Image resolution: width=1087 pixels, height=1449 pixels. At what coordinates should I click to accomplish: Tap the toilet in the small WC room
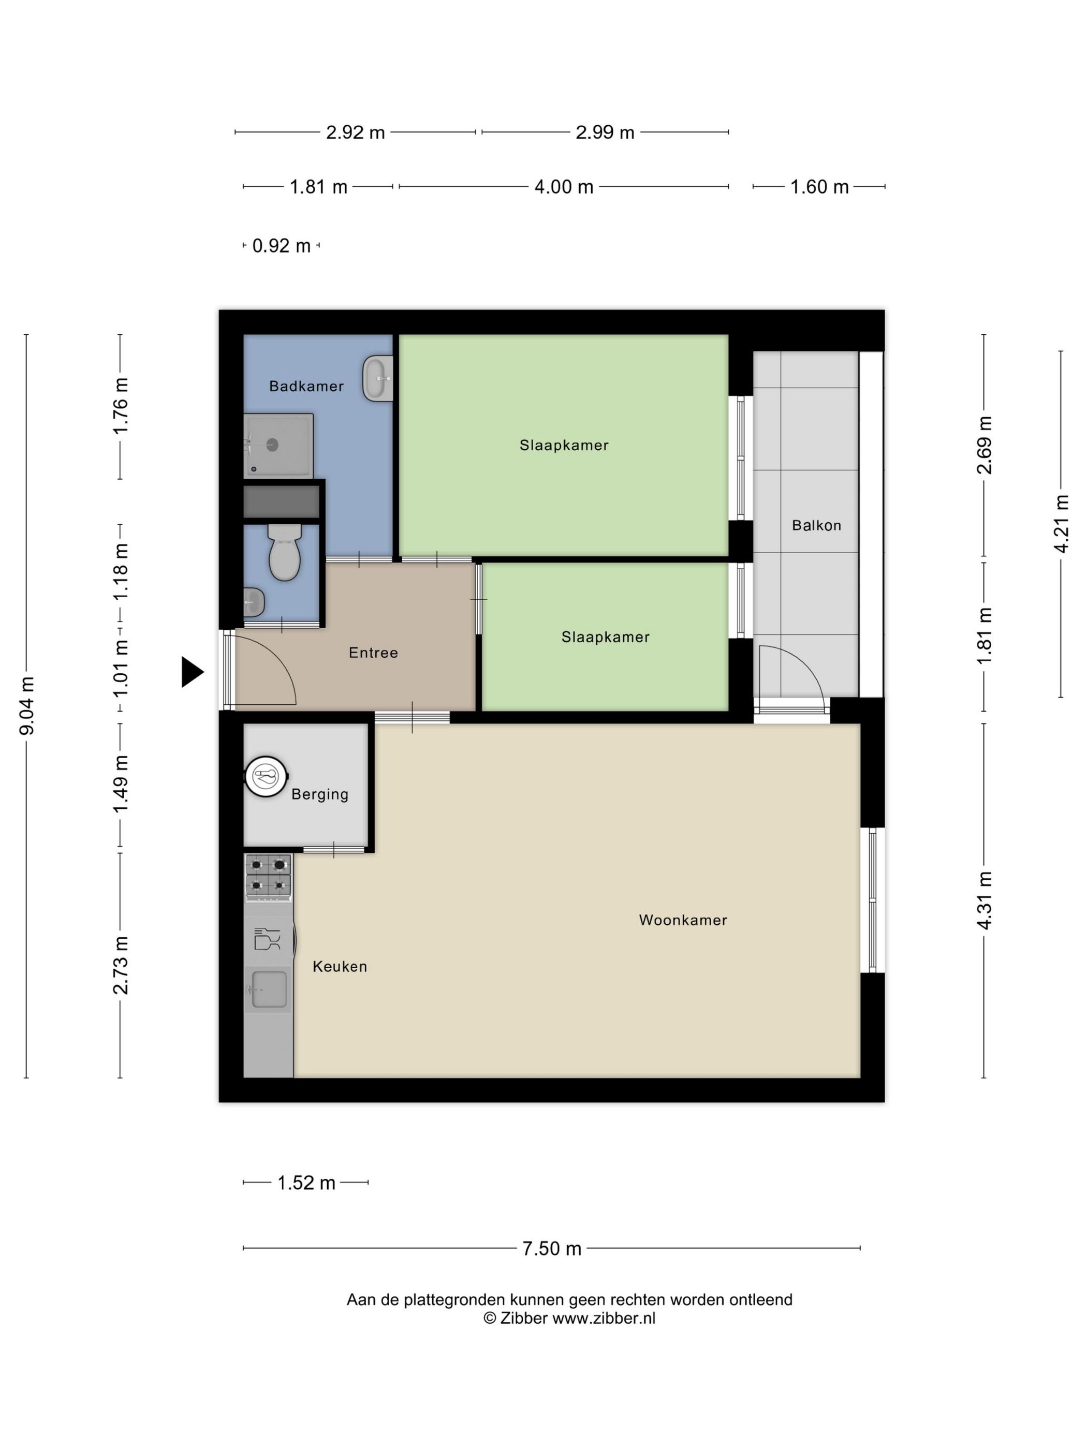(x=284, y=554)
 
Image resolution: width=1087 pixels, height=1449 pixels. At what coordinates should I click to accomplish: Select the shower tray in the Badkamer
(x=278, y=446)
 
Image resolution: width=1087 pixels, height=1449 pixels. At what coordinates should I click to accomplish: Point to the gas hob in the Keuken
(x=268, y=875)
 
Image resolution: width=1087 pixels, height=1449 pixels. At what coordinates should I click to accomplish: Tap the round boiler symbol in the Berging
(x=266, y=777)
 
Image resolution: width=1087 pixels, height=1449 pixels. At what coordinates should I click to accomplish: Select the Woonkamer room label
(x=683, y=920)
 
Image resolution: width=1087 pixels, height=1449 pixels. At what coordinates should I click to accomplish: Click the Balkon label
(x=816, y=525)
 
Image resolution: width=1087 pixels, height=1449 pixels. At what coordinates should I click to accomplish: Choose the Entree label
(x=373, y=653)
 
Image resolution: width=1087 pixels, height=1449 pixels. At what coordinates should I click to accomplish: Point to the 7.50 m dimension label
(x=552, y=1249)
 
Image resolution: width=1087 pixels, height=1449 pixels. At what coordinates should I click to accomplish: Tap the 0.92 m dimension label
(x=281, y=246)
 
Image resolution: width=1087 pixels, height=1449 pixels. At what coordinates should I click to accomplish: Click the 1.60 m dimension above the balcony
(x=819, y=187)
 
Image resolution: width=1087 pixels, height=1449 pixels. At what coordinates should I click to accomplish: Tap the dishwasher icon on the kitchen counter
(x=267, y=939)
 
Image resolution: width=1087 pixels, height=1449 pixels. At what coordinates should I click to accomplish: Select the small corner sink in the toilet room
(x=253, y=602)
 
